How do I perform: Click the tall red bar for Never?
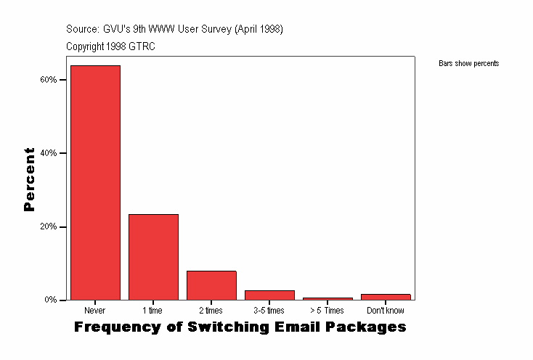tap(95, 182)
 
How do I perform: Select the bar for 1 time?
tap(153, 257)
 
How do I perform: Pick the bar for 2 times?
tap(211, 285)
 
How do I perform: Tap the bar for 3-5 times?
tap(269, 295)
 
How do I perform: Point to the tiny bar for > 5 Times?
tap(327, 298)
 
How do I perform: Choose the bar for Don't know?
tap(386, 297)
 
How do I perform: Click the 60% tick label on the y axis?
tap(48, 80)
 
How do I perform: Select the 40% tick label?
tap(48, 153)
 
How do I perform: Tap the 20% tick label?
tap(48, 226)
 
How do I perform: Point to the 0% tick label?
tap(50, 300)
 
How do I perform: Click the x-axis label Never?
tap(95, 311)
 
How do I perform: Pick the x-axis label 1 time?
tap(153, 311)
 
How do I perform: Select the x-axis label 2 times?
tap(211, 311)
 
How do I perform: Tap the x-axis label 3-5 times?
tap(269, 311)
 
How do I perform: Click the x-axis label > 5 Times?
tap(327, 311)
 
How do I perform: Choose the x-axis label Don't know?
tap(386, 311)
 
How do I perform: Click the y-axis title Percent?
tap(29, 179)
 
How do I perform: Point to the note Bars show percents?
tap(468, 64)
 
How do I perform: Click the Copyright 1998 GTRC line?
tap(110, 46)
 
